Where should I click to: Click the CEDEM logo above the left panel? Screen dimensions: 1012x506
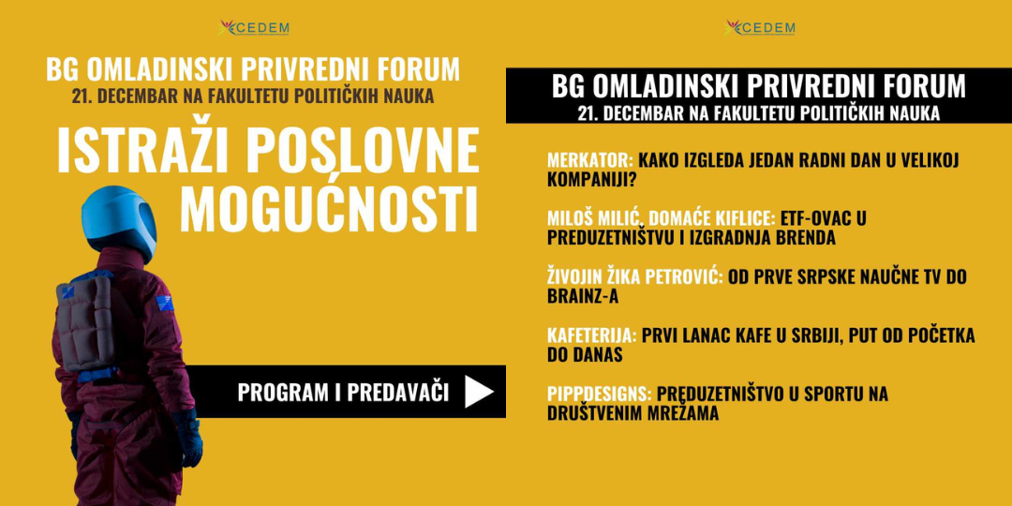(x=254, y=28)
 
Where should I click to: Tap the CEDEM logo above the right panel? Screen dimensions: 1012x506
(x=760, y=28)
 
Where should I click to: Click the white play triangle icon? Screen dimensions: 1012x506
(x=479, y=392)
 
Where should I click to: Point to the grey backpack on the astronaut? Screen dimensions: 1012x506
(x=85, y=327)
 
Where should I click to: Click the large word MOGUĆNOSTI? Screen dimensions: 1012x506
(x=329, y=208)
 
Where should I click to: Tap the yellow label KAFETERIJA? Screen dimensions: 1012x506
(x=592, y=335)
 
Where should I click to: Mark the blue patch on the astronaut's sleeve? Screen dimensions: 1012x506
(x=165, y=303)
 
